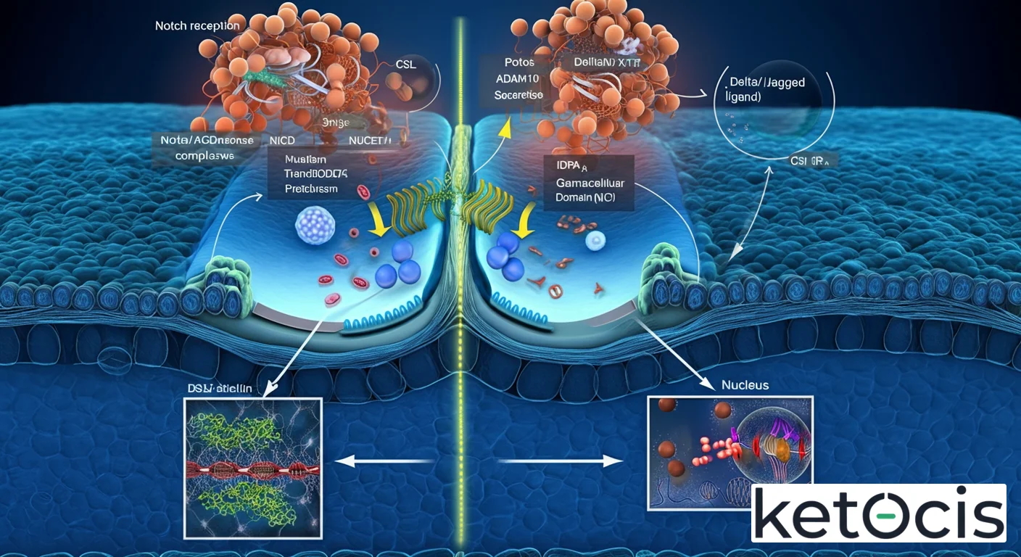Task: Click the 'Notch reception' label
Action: pyautogui.click(x=197, y=26)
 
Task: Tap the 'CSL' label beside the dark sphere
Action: pyautogui.click(x=406, y=64)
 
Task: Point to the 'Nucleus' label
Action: pyautogui.click(x=745, y=385)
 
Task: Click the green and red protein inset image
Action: pyautogui.click(x=253, y=467)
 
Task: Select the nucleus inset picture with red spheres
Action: pyautogui.click(x=729, y=450)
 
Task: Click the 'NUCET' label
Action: pyautogui.click(x=370, y=140)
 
